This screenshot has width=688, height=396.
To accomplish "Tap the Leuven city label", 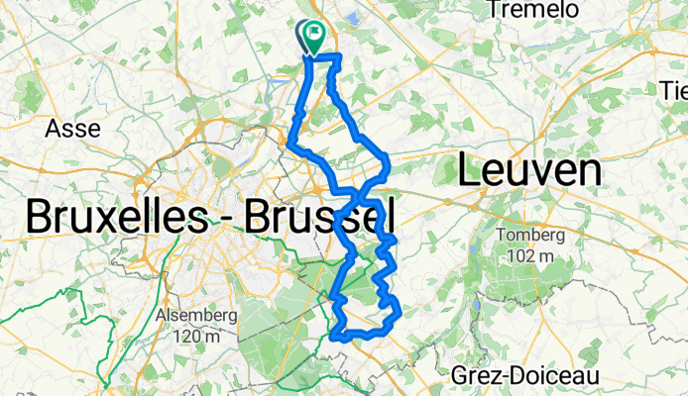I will pyautogui.click(x=529, y=171).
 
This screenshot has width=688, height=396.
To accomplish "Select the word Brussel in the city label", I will pyautogui.click(x=309, y=217).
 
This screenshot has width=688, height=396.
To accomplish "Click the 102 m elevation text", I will pyautogui.click(x=529, y=255).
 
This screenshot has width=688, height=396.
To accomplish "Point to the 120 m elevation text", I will pyautogui.click(x=196, y=337).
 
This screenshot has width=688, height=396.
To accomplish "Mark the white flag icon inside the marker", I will pyautogui.click(x=316, y=32).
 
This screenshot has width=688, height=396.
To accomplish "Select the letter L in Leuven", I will pyautogui.click(x=468, y=171).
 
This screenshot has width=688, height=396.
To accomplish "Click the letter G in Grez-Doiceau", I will pyautogui.click(x=460, y=376).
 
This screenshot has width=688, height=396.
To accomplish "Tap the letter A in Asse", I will pyautogui.click(x=54, y=128).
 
